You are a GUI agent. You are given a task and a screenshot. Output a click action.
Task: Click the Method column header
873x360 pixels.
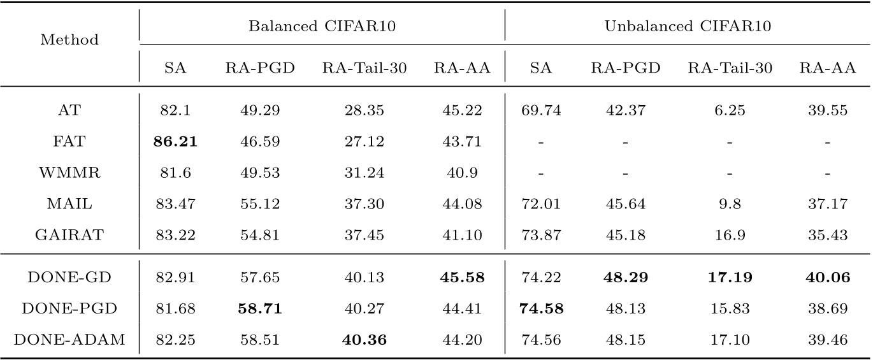[x=69, y=40]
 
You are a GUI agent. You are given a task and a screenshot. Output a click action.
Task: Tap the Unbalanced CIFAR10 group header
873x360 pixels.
[x=688, y=26]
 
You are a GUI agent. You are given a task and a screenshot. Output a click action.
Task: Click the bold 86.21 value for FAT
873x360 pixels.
[x=175, y=141]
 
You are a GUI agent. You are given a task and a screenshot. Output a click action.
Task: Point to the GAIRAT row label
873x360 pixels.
[x=69, y=236]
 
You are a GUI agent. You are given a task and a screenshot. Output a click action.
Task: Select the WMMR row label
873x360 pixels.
[x=69, y=173]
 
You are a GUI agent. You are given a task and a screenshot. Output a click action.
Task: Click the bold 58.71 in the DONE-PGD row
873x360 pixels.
[x=259, y=309]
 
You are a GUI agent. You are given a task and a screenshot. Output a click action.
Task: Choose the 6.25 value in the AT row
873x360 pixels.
[x=730, y=110]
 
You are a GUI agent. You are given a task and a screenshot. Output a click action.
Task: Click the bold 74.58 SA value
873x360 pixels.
[x=540, y=309]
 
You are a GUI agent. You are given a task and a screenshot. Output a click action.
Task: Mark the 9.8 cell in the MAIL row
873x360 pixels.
[x=730, y=205]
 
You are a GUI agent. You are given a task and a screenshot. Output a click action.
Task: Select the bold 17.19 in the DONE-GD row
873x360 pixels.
[x=730, y=278]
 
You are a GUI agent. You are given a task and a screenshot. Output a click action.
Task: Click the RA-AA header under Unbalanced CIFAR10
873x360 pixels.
[x=827, y=69]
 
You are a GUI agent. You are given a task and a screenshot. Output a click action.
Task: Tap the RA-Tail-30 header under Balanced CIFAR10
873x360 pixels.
[x=364, y=69]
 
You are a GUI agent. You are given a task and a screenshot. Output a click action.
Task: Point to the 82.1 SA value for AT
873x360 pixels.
[x=175, y=110]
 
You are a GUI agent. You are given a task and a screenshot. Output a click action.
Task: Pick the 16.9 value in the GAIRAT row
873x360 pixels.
[x=730, y=236]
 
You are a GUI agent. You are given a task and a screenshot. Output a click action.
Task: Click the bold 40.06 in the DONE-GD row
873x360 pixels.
[x=827, y=278]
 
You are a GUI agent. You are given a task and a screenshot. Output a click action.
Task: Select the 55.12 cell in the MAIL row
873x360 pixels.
[x=259, y=205]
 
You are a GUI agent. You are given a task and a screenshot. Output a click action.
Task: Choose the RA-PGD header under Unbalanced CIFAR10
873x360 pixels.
[x=625, y=69]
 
